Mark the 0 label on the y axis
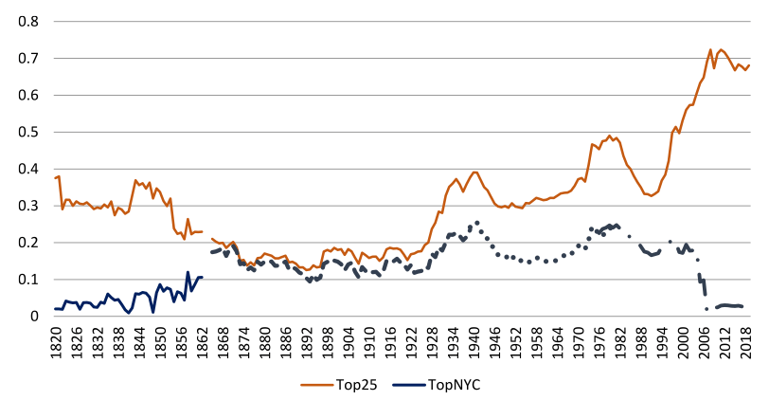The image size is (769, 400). pos(35,317)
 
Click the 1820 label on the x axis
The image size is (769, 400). pos(56,339)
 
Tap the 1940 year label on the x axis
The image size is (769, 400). pos(474,339)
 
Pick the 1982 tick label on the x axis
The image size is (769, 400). pos(620,339)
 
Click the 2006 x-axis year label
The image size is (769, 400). pos(704,339)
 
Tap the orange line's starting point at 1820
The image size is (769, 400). pos(56,178)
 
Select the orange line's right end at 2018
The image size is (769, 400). pos(749,65)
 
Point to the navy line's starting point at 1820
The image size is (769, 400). pos(56,309)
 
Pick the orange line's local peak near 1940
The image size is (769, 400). pos(474,172)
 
